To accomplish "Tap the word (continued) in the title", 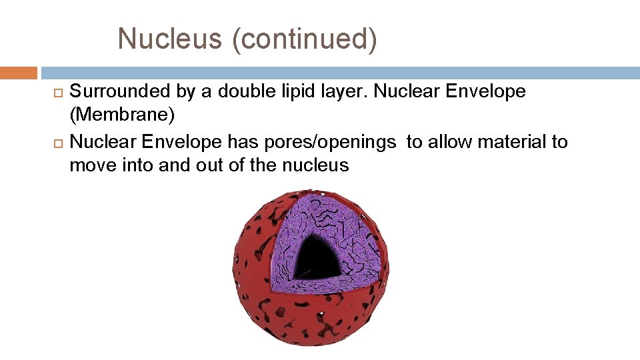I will (x=304, y=39).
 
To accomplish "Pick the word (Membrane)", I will (x=122, y=115).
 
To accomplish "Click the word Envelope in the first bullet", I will (x=487, y=91).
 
